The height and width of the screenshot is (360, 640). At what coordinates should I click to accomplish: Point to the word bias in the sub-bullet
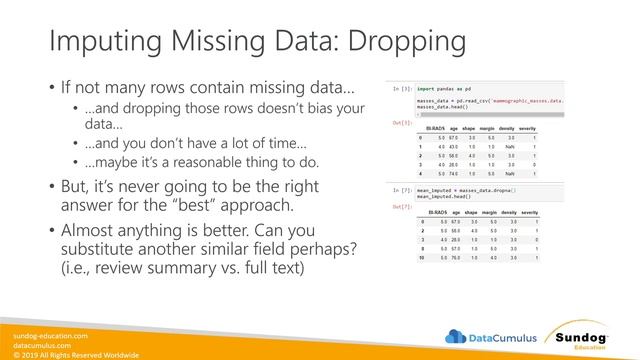coord(305,108)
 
